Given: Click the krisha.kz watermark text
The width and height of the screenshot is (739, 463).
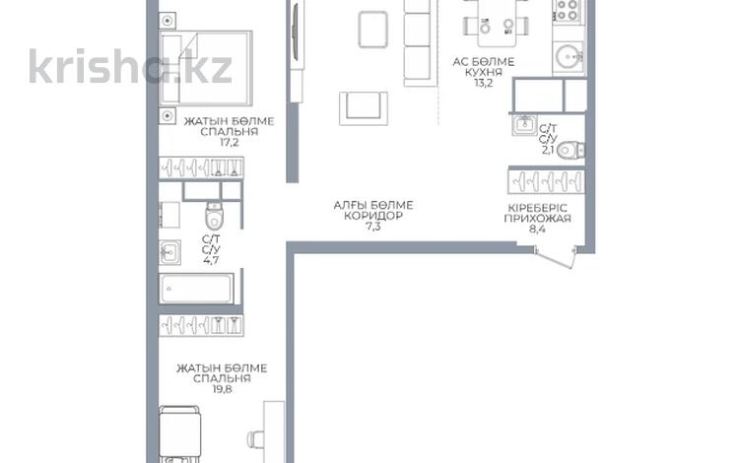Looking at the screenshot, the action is click(x=130, y=66).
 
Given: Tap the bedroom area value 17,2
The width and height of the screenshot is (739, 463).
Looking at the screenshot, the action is click(x=229, y=142).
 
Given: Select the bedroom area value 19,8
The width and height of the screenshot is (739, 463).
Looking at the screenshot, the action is click(x=222, y=389).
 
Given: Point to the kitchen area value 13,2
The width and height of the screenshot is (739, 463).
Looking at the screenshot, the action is click(x=484, y=84).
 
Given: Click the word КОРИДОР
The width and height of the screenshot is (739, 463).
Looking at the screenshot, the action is click(x=373, y=216).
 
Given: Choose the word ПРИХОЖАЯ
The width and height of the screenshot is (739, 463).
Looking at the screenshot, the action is click(x=537, y=219).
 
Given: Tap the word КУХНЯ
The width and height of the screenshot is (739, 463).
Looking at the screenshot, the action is click(x=484, y=73).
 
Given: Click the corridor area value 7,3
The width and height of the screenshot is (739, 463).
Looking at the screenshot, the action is click(x=372, y=227).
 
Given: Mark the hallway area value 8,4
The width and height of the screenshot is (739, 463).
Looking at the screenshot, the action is click(x=537, y=230).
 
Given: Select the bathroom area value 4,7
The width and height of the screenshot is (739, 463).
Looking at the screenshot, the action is click(x=211, y=260).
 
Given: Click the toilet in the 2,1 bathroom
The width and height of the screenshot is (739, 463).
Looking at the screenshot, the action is click(x=571, y=151).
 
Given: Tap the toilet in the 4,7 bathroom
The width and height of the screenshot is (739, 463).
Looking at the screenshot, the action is click(x=214, y=216).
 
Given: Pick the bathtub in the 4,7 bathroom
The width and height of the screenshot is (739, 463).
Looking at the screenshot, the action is click(x=196, y=289).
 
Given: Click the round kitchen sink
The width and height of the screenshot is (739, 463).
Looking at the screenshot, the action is click(x=569, y=56).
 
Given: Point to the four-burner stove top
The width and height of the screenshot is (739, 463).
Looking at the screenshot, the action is click(x=568, y=10).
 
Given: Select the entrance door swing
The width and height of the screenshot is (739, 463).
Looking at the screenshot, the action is click(x=556, y=258).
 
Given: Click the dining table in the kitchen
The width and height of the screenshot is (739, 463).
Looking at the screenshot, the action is click(x=497, y=24).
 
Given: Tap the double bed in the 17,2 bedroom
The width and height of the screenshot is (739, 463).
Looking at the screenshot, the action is click(x=206, y=68).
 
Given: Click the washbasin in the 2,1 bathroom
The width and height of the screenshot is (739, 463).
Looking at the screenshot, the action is click(x=524, y=125).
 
